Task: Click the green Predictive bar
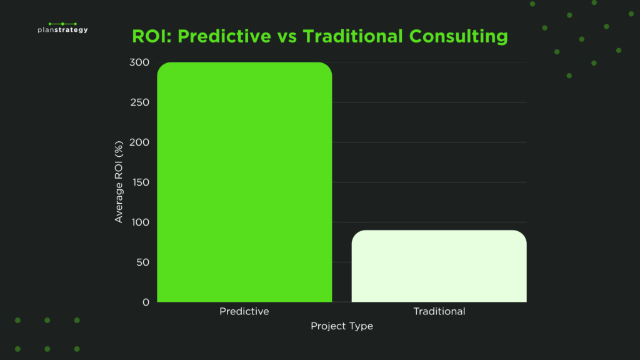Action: click(244, 182)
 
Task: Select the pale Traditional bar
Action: click(439, 266)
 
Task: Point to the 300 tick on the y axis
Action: click(139, 62)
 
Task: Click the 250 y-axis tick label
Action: click(140, 102)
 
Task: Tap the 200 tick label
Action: click(139, 142)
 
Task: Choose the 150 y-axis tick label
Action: click(141, 182)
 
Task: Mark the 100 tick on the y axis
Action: click(141, 222)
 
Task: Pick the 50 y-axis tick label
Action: click(143, 262)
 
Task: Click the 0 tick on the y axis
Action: click(146, 302)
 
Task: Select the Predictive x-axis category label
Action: click(244, 311)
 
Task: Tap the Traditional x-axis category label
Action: click(439, 311)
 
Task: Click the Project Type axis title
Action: click(342, 326)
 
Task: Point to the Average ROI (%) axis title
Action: click(119, 182)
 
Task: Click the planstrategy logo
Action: click(63, 27)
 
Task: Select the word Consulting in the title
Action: click(459, 36)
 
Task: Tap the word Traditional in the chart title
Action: click(352, 36)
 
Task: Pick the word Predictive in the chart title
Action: click(224, 36)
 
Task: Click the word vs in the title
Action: click(287, 37)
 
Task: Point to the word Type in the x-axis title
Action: click(361, 326)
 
